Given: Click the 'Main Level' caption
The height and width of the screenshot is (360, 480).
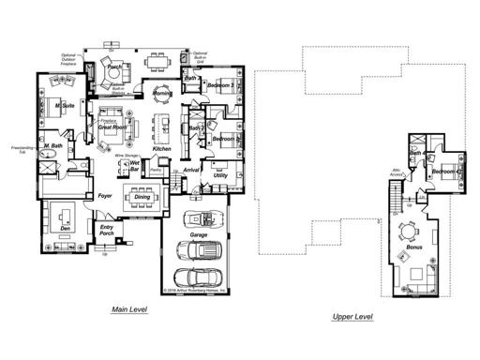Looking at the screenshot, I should [x=131, y=309].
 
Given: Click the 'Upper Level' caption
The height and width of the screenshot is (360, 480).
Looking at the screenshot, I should [x=353, y=317].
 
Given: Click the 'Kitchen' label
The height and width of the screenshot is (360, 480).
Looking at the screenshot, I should [x=160, y=149].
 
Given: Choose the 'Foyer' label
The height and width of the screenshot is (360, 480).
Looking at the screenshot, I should [x=105, y=196].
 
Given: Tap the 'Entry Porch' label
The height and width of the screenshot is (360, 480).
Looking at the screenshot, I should [x=109, y=231].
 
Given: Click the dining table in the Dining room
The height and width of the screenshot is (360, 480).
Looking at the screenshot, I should [x=141, y=197].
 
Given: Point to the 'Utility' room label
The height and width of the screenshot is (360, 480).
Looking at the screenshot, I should [x=220, y=174].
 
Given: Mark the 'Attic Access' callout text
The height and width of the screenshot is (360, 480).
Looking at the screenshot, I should [x=397, y=172].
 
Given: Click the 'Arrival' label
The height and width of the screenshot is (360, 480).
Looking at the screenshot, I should [x=192, y=170].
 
